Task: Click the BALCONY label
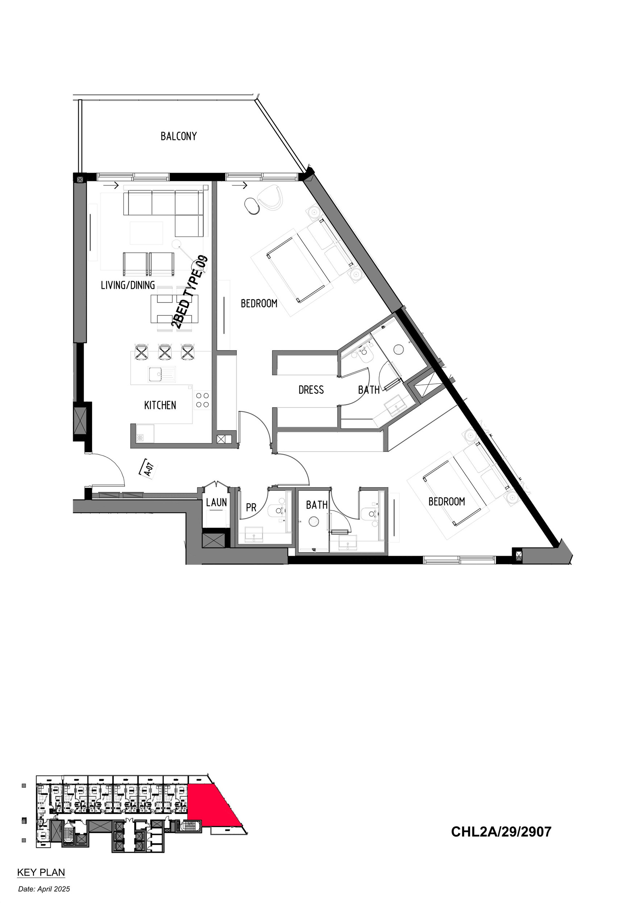pos(178,136)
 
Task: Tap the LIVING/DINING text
pos(128,285)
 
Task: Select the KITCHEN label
pos(160,405)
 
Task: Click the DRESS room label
pos(311,390)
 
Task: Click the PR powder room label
pos(251,508)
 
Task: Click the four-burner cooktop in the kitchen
pos(203,400)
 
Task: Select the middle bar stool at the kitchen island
pos(165,352)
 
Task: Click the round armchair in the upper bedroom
pos(271,196)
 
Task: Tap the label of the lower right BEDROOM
pos(447,501)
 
